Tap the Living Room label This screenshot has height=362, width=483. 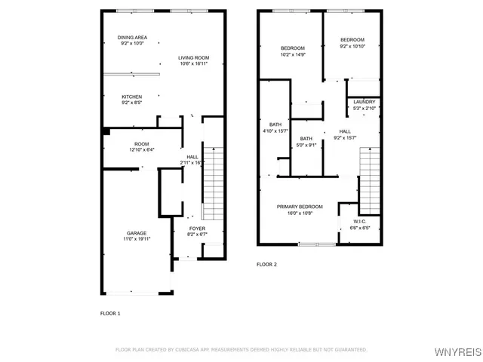[194, 58]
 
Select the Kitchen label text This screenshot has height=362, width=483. [132, 97]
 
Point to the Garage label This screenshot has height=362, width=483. [137, 233]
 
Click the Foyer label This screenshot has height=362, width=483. [196, 229]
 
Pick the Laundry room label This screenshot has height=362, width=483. [364, 103]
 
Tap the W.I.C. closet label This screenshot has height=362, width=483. [360, 221]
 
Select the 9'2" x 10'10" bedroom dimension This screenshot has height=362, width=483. [352, 47]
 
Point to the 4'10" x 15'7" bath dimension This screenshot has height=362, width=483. [275, 131]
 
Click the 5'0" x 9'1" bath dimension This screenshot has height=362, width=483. [306, 145]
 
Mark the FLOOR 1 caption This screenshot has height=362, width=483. [110, 313]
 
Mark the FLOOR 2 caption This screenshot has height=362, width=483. [266, 265]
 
